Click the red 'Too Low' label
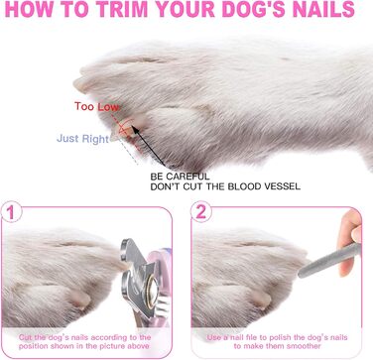click(96, 106)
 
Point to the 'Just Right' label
click(82, 139)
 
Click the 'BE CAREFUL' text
click(180, 177)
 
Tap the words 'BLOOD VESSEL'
click(265, 186)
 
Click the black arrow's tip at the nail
click(132, 126)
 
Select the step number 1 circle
click(11, 212)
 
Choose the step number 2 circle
click(201, 212)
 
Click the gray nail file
click(328, 261)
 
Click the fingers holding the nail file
click(349, 241)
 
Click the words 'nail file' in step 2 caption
click(238, 337)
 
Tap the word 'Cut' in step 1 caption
click(25, 337)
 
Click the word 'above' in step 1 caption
click(138, 346)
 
